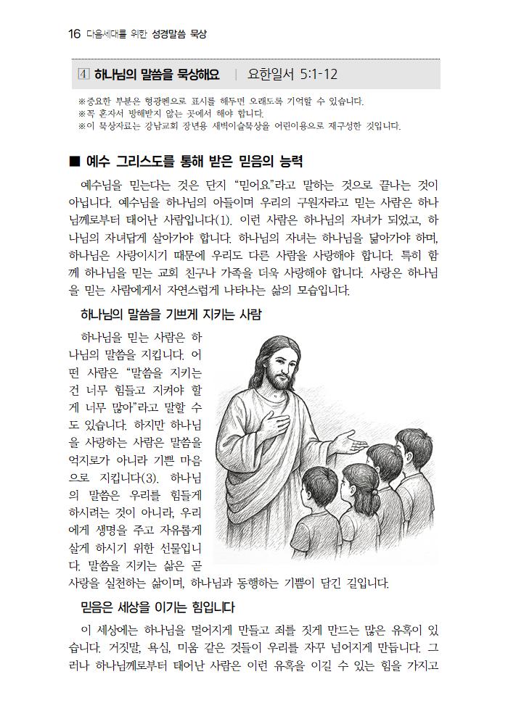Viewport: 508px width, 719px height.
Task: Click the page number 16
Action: point(73,34)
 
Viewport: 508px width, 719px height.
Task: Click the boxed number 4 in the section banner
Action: point(83,74)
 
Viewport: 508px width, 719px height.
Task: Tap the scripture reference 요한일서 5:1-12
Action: point(292,74)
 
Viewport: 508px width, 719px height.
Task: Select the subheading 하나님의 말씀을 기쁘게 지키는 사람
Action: point(171,315)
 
